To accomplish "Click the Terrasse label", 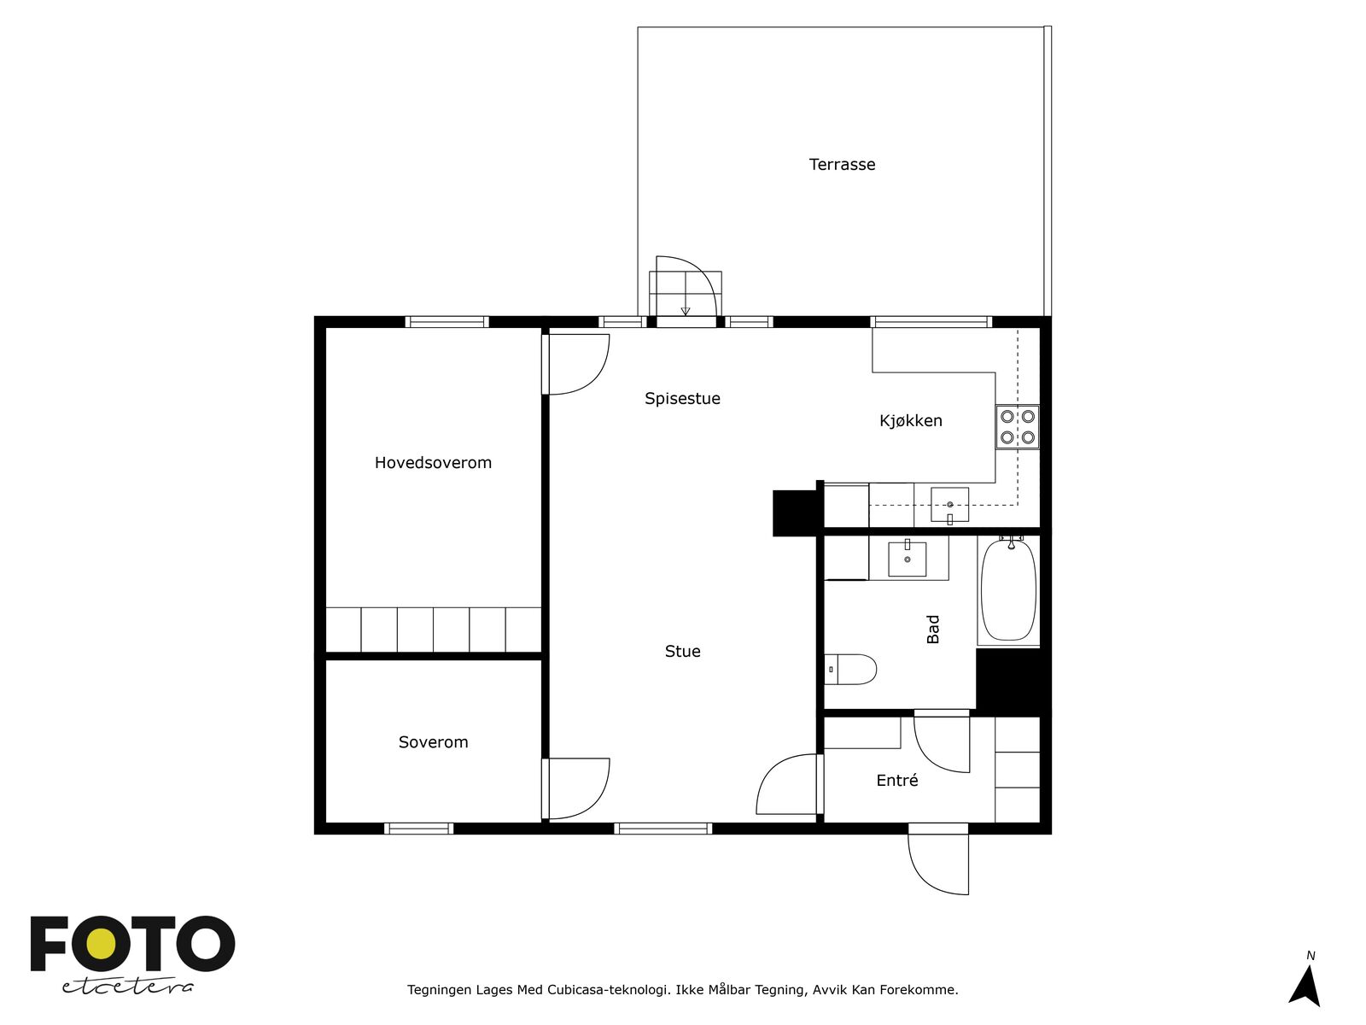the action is click(842, 164).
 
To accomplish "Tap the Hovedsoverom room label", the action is click(433, 462).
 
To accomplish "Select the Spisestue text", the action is click(682, 399).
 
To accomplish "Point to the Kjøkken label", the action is click(910, 421).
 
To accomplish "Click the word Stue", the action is click(683, 651).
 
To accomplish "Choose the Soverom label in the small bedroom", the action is click(433, 741).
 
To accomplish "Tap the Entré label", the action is click(896, 780).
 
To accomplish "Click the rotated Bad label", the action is click(933, 629).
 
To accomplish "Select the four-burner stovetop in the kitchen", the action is click(1018, 427).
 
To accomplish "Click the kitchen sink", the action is click(949, 506).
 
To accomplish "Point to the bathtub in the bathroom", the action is click(1009, 589).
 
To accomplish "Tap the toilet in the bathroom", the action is click(850, 670).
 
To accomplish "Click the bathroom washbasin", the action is click(908, 558).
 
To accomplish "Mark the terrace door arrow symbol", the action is click(686, 311).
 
